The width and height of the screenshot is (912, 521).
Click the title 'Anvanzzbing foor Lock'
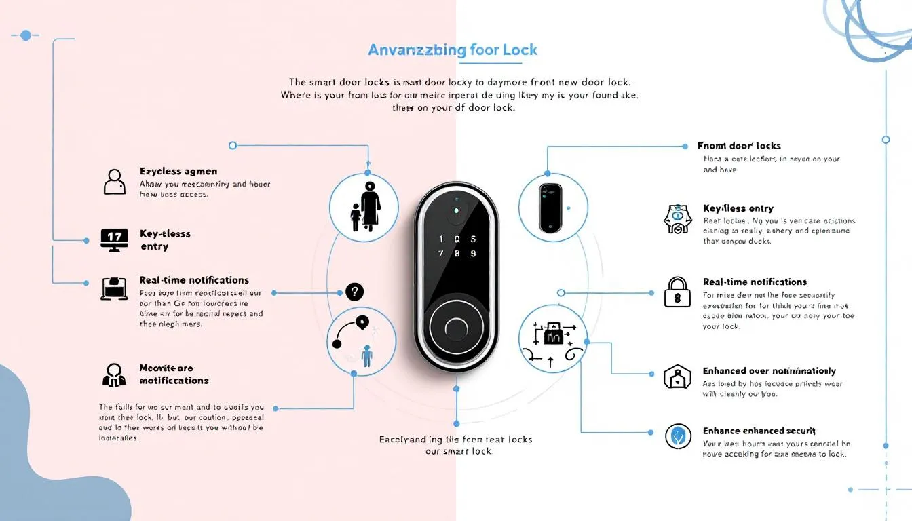point(452,50)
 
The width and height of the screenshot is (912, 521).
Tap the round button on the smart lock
point(455,328)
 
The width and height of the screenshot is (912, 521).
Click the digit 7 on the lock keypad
point(442,254)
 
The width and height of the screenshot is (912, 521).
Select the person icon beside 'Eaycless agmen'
point(114,182)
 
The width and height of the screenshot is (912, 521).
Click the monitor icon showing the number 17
point(113,239)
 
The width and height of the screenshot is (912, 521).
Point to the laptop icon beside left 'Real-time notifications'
point(114,288)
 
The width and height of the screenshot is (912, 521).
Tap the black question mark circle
point(354,292)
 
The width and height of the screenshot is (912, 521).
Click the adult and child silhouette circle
point(364,207)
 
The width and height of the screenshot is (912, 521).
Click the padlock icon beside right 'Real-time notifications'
point(677,292)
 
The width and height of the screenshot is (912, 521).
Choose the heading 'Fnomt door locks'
point(739,146)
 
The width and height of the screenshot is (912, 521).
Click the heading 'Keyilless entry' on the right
point(738,208)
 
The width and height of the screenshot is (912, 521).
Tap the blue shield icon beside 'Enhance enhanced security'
point(677,436)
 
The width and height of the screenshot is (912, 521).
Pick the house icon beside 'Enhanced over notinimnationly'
point(677,377)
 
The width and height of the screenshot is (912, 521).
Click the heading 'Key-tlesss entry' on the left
point(165,239)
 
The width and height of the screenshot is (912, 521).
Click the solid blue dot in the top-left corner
point(26,35)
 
